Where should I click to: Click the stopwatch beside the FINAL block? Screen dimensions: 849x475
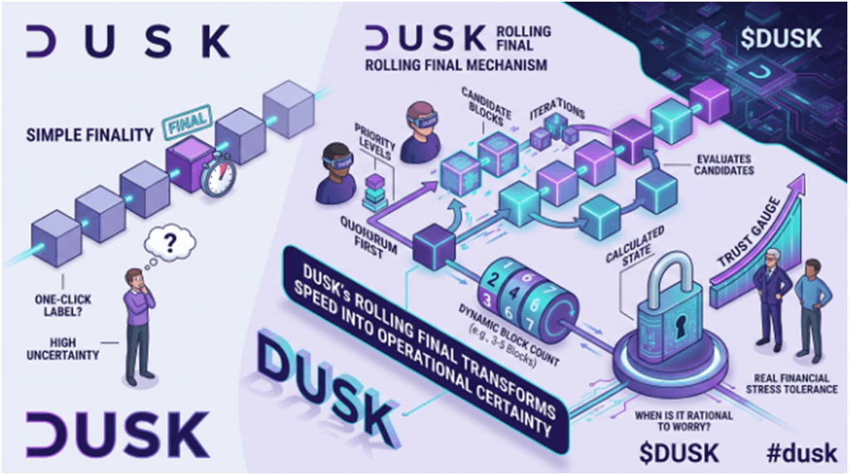pyautogui.click(x=219, y=174)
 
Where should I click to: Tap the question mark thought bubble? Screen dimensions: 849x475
pyautogui.click(x=168, y=245)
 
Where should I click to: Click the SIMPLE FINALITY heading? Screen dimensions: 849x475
pyautogui.click(x=90, y=135)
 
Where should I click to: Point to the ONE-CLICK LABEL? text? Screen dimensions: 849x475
pyautogui.click(x=63, y=306)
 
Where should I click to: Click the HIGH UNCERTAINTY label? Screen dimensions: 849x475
pyautogui.click(x=63, y=349)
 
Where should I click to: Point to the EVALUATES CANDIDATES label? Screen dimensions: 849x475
pyautogui.click(x=724, y=164)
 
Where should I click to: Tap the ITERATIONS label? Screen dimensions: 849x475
pyautogui.click(x=557, y=109)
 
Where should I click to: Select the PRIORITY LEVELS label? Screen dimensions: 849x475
pyautogui.click(x=374, y=142)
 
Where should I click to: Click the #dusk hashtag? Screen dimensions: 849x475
pyautogui.click(x=802, y=453)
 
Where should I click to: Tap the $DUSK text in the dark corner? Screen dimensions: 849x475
pyautogui.click(x=781, y=38)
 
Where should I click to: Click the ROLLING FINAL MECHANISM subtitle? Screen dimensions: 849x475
pyautogui.click(x=456, y=65)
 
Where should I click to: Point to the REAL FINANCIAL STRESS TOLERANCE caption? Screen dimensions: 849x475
pyautogui.click(x=791, y=383)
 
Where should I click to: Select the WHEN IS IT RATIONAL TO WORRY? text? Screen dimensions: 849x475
pyautogui.click(x=684, y=421)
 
